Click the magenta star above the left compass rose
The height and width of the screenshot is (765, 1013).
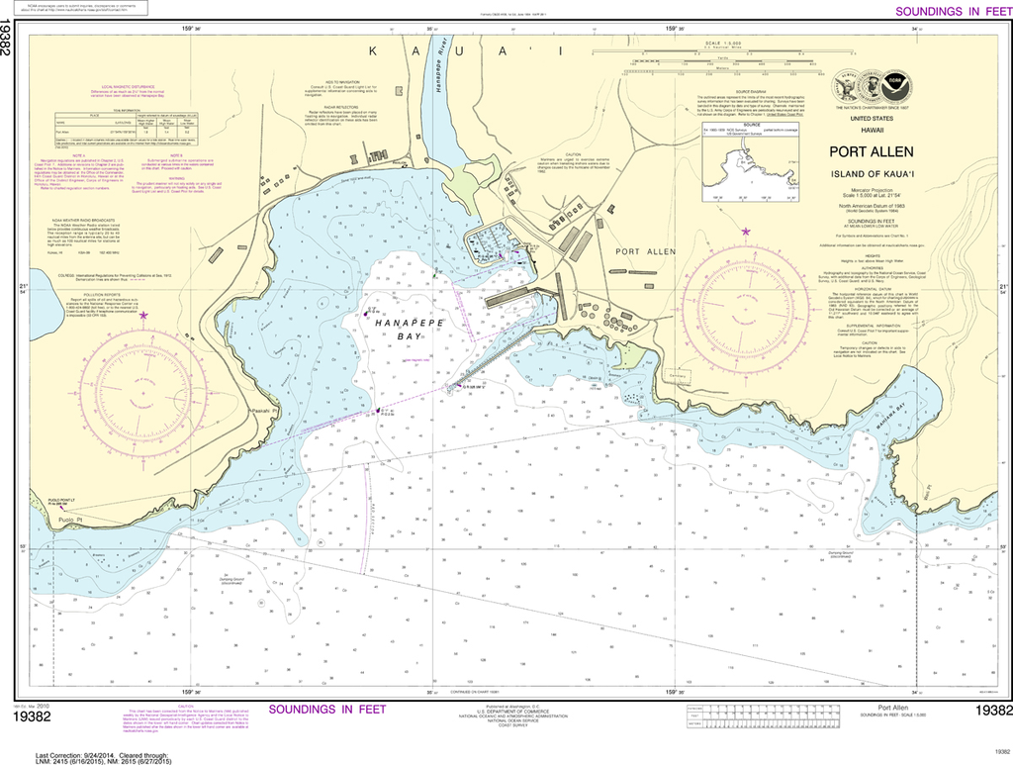tap(144, 316)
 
